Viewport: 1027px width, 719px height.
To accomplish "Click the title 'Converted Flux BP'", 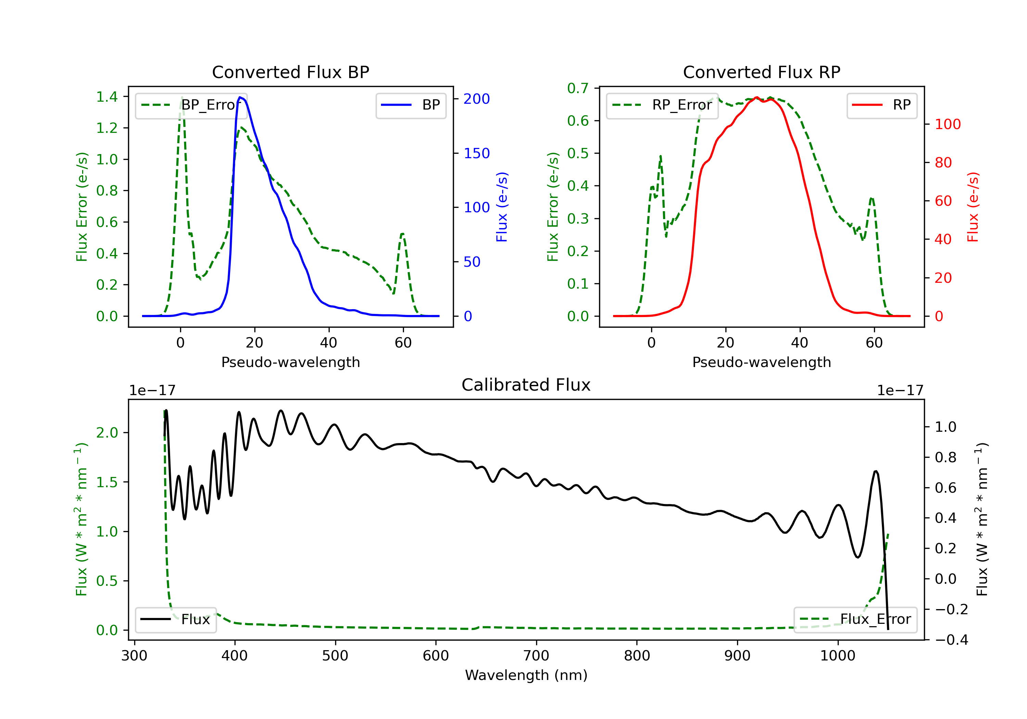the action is click(291, 72).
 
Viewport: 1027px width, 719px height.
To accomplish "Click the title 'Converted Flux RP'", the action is click(762, 72).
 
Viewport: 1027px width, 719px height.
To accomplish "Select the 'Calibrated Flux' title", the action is click(526, 385).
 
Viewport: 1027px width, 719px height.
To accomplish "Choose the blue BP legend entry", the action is click(410, 105).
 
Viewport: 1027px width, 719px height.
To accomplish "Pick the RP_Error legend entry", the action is click(662, 105).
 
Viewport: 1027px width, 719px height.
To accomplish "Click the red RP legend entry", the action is click(882, 105).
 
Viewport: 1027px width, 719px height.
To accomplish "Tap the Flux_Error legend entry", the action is click(855, 619).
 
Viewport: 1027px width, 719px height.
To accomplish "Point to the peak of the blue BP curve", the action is click(240, 97).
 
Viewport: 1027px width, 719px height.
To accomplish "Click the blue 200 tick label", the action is click(477, 99).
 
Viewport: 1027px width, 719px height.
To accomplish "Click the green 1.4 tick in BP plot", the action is click(107, 97).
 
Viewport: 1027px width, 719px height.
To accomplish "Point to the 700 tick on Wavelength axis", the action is click(536, 655).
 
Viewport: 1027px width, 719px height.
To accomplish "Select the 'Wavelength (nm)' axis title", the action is click(526, 675).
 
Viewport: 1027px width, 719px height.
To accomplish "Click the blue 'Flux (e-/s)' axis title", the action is click(502, 207).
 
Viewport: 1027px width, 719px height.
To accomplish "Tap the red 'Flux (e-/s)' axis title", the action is click(973, 207).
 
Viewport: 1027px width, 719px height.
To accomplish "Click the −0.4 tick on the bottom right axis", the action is click(951, 640).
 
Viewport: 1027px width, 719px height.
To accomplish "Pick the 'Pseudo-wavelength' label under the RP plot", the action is click(762, 362).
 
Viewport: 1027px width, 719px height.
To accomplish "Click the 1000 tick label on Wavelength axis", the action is click(838, 655).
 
